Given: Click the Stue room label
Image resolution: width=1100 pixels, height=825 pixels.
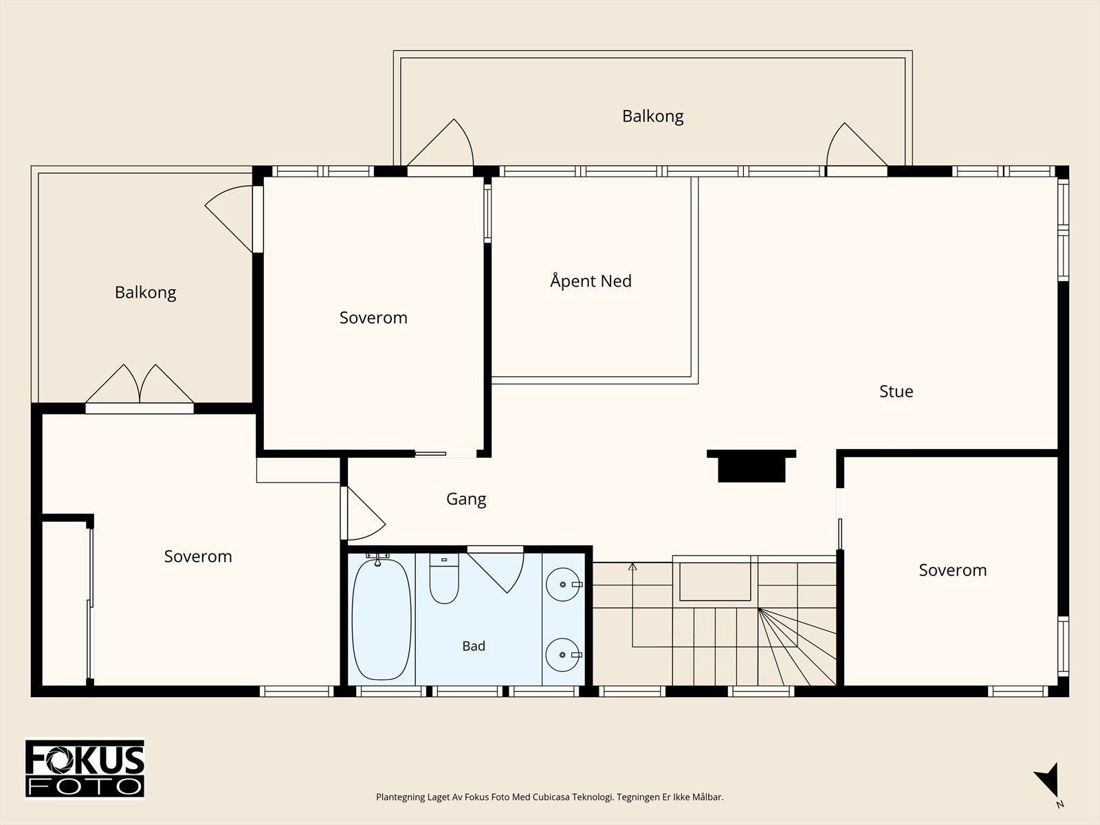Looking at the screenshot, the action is tap(896, 391).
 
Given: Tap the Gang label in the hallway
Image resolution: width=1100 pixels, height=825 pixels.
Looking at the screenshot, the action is tap(466, 499).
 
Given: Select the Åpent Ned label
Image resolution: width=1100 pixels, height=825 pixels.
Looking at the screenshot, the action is tap(591, 280).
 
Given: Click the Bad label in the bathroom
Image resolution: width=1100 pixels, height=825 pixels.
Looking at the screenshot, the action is tap(474, 646).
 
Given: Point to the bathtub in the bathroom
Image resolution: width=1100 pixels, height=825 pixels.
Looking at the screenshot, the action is tap(382, 619).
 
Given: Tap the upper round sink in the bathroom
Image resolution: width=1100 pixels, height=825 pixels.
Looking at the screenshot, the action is tap(563, 584).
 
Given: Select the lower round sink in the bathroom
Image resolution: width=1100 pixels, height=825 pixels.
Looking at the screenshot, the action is tap(563, 654).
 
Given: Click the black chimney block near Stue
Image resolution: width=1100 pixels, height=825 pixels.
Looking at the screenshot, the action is tap(751, 466).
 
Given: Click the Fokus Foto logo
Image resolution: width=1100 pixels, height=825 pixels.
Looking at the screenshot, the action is tap(85, 769).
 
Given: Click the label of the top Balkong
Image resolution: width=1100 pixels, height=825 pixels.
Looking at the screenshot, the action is tap(652, 116).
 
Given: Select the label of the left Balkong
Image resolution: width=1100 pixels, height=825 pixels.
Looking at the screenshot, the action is tap(145, 293).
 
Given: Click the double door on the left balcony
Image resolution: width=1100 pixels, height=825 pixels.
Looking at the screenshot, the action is tap(140, 386).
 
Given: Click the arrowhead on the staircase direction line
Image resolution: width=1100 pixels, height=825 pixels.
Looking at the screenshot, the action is tap(632, 566).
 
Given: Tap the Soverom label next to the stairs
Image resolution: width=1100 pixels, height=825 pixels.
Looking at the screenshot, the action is tap(953, 570).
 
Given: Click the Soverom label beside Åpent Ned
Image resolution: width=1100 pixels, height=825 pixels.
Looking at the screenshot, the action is tap(373, 318).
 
